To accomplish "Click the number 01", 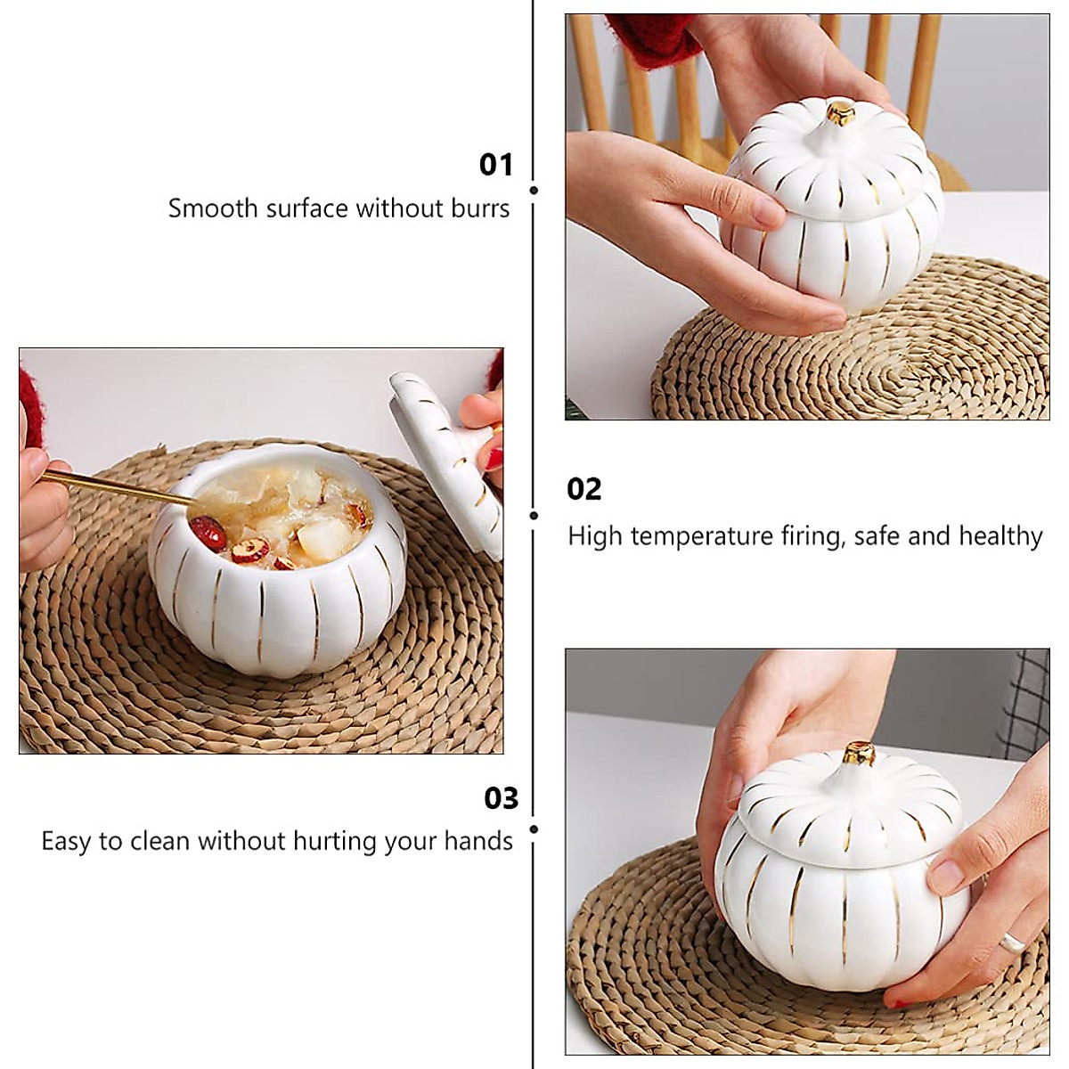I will click(x=496, y=165).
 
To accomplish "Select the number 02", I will click(x=584, y=489).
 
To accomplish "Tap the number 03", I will click(x=501, y=797).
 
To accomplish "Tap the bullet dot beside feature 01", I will click(x=533, y=191).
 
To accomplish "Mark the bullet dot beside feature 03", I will click(x=533, y=828).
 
